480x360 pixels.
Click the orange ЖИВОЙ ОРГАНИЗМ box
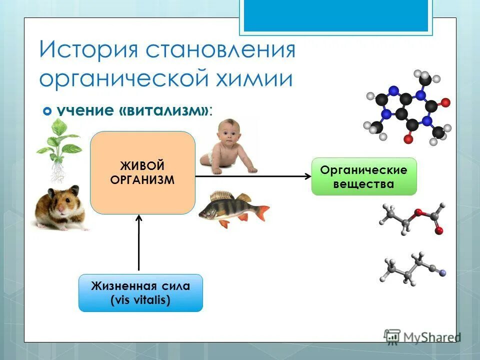(x=142, y=172)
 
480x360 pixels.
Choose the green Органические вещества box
(x=364, y=176)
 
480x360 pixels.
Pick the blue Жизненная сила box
(x=140, y=293)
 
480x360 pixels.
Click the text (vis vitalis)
(x=140, y=300)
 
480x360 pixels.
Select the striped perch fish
(x=230, y=208)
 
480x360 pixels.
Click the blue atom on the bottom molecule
(x=441, y=272)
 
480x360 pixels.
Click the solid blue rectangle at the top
(x=335, y=15)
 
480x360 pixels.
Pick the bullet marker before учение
(x=48, y=111)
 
